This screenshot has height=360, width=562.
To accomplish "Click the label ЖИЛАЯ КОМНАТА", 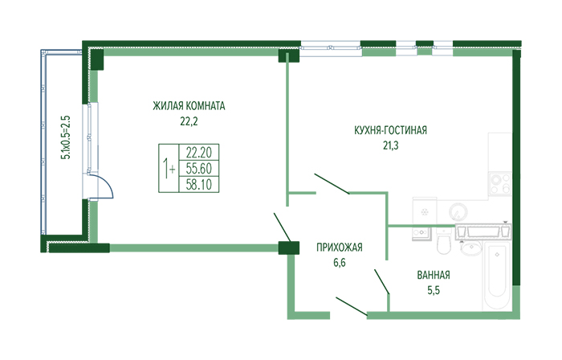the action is [189, 106].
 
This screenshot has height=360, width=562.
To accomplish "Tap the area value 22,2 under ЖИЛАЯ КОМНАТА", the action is [189, 121].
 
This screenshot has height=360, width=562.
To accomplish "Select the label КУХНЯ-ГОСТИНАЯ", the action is [391, 130].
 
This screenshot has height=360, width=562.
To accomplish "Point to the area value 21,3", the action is [391, 145].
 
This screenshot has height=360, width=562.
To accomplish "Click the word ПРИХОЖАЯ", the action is [340, 247].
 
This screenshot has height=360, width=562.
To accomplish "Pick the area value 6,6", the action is [340, 263].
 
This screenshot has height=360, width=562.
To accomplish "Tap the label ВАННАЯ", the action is [434, 275].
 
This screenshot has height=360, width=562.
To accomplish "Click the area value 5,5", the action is [434, 290].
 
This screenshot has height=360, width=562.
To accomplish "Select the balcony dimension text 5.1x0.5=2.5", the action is [66, 137].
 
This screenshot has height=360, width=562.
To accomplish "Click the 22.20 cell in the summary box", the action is [198, 153].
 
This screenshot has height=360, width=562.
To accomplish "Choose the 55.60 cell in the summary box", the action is [198, 168].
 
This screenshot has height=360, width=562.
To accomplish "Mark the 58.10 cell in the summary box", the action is [198, 184].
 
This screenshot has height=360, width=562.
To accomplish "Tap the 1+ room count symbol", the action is [169, 168].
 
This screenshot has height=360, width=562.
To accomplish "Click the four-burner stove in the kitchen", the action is [500, 183].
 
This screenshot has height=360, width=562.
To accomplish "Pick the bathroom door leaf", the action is [381, 281].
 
